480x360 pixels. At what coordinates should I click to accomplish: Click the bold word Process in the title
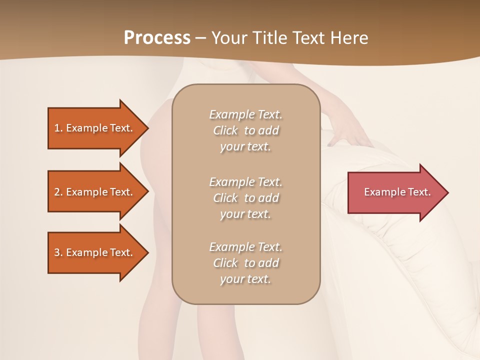point(157,38)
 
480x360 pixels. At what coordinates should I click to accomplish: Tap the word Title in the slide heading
point(270,38)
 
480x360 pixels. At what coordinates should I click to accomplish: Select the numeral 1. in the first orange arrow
point(58,128)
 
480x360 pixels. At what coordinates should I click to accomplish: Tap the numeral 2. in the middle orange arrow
point(58,192)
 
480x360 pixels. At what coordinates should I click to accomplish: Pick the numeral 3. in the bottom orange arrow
point(58,252)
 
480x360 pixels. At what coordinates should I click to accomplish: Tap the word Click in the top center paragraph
point(225,130)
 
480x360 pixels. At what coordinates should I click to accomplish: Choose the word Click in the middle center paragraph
point(225,198)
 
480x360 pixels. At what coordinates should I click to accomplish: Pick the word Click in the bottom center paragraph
point(225,263)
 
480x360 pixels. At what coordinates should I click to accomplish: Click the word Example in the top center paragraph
point(231,114)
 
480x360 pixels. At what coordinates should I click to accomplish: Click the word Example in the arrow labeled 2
point(86,192)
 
